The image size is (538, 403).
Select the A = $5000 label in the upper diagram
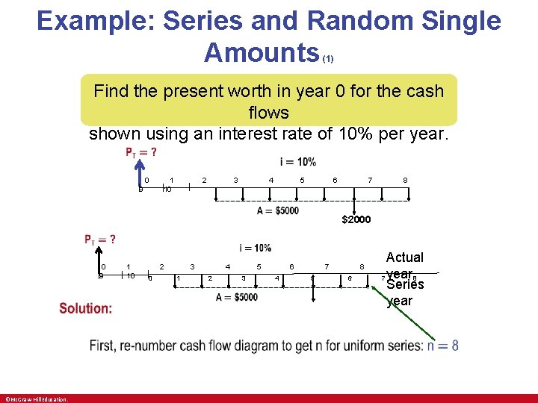278,210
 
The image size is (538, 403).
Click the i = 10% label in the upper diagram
297,162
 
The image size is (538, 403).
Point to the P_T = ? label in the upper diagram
140,153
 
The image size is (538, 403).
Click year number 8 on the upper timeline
405,180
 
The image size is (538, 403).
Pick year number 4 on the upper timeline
270,180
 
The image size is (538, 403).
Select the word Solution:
86,308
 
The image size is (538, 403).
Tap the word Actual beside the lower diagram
404,257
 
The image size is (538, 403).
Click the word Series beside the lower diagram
405,284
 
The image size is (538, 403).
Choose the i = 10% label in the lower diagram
256,248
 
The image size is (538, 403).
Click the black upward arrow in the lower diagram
102,264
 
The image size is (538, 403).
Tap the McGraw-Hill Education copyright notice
36,399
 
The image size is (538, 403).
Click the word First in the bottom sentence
105,346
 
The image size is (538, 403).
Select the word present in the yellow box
203,92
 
